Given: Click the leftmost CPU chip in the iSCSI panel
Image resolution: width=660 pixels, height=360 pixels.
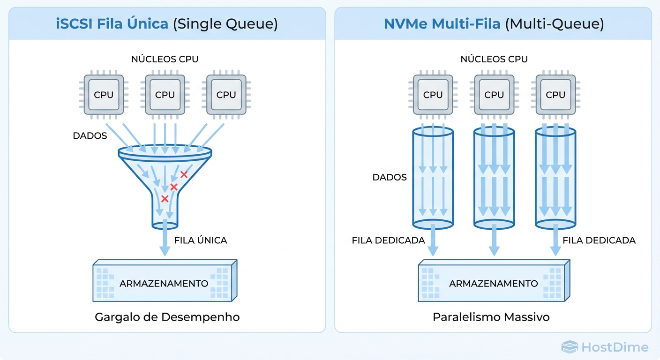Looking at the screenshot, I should pyautogui.click(x=104, y=94).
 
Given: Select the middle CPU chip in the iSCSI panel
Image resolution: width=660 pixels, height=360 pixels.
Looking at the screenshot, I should pyautogui.click(x=165, y=94).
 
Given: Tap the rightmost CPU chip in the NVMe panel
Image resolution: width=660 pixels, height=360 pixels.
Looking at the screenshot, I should pyautogui.click(x=555, y=94).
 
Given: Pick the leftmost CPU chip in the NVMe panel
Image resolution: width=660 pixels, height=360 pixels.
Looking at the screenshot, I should pyautogui.click(x=433, y=94).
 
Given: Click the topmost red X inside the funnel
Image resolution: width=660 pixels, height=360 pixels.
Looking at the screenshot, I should pyautogui.click(x=184, y=174).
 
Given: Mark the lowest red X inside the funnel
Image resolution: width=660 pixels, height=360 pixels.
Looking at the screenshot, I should pyautogui.click(x=165, y=199).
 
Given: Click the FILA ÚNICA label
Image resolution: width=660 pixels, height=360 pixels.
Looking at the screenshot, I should pyautogui.click(x=200, y=240).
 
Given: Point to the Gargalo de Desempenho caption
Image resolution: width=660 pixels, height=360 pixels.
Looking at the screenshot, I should pyautogui.click(x=167, y=317).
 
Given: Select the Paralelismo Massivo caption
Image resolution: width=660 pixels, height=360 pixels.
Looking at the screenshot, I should pyautogui.click(x=491, y=317).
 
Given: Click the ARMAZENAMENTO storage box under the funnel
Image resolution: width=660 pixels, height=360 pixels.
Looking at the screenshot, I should pyautogui.click(x=164, y=283).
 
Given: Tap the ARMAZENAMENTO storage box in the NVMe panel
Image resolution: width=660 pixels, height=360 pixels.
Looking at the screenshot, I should pyautogui.click(x=494, y=283).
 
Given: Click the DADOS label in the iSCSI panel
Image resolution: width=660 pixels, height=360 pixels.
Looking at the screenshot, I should pyautogui.click(x=90, y=136).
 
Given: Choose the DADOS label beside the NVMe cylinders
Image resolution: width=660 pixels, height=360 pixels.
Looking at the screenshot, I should pyautogui.click(x=390, y=178).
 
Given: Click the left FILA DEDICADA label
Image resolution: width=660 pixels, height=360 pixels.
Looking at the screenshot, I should pyautogui.click(x=388, y=240).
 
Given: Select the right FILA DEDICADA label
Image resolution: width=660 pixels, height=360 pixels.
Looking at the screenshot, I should pyautogui.click(x=599, y=240).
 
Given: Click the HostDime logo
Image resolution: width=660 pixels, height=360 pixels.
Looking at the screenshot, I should pyautogui.click(x=605, y=347).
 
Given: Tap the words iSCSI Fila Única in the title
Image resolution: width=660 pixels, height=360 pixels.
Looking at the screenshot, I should pyautogui.click(x=112, y=24).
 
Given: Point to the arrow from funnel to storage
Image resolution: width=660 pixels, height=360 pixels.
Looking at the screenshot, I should pyautogui.click(x=165, y=241).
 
